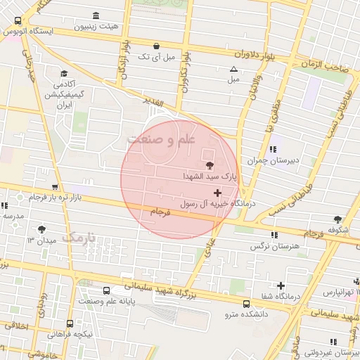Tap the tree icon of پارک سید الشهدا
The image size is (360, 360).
[209, 164]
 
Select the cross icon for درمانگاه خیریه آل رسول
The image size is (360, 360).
[217, 192]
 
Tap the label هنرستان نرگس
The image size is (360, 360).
[274, 247]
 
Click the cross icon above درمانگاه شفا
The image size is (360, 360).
[281, 285]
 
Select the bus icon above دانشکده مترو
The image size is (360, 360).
[246, 304]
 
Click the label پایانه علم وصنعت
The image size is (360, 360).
[105, 301]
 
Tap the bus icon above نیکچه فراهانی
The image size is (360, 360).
[70, 323]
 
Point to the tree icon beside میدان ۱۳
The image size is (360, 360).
[42, 229]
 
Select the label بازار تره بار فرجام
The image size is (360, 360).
[56, 198]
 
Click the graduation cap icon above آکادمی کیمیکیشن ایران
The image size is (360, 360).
[64, 74]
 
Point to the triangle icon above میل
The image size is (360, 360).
[234, 69]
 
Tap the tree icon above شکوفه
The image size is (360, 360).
[337, 219]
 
